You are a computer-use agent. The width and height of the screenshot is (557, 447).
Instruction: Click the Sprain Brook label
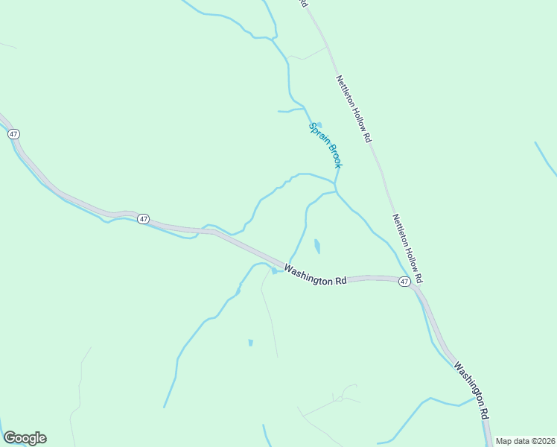tap(325, 145)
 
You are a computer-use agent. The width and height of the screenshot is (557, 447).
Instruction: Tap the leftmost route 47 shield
tap(13, 133)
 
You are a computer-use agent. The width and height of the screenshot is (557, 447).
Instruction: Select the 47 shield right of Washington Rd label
tap(403, 282)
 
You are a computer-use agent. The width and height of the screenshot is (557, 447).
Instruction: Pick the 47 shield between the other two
tap(144, 219)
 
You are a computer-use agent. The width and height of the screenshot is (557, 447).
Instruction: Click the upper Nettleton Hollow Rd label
tap(353, 109)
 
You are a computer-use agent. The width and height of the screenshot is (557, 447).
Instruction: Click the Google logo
tap(25, 438)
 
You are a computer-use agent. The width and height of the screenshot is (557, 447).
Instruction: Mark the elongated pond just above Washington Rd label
tap(318, 246)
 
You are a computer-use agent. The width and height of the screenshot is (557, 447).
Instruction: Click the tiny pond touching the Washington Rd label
tap(274, 271)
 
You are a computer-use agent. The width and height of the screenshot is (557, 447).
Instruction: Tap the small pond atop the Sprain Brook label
tap(319, 125)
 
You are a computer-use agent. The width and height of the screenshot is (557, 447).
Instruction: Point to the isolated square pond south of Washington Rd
tap(250, 343)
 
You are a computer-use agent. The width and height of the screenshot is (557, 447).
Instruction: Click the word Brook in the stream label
tap(332, 156)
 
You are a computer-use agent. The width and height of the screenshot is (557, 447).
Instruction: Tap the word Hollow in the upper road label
tap(357, 116)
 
